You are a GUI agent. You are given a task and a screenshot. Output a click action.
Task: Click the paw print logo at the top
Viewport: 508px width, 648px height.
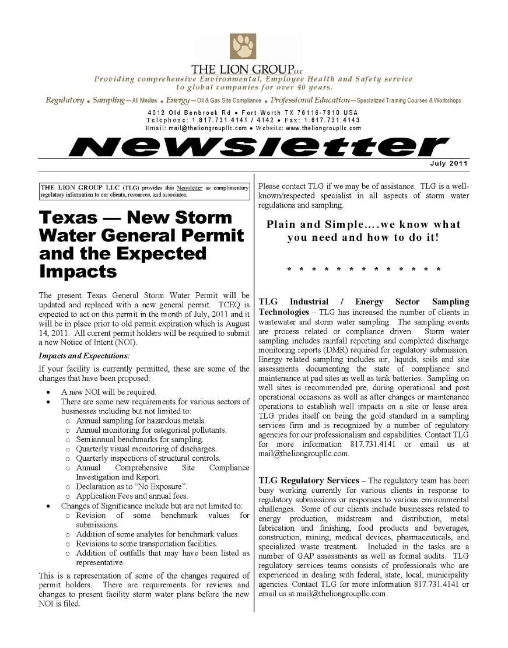(x=243, y=46)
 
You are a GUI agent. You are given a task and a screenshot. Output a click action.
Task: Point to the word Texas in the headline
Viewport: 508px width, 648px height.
(x=69, y=218)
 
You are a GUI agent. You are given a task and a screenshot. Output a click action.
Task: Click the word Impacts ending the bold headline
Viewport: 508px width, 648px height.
(x=78, y=272)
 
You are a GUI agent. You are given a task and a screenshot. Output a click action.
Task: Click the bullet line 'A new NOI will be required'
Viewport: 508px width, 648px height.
(x=108, y=392)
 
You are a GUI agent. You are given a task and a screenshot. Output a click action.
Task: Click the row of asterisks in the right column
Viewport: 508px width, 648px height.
(x=364, y=269)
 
